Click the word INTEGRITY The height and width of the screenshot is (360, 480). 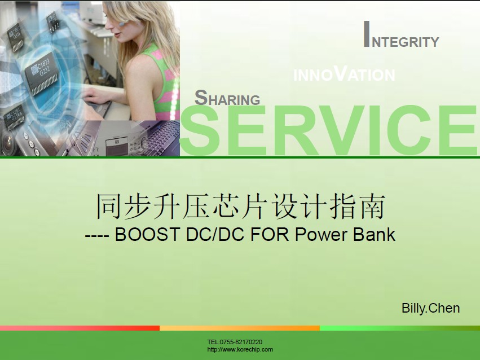coord(402,34)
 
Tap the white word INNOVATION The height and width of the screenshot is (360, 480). coord(344,73)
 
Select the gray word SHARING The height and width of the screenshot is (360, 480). coord(227,98)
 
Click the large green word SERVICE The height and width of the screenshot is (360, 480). coord(329,130)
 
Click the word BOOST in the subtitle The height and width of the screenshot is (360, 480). coord(147,235)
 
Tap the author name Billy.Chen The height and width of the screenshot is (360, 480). coord(431,308)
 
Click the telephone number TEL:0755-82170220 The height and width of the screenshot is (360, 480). coord(235,342)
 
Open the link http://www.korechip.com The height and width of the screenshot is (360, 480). coord(240,350)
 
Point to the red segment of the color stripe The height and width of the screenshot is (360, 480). coord(80,328)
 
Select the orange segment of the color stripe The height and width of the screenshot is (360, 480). coord(240,328)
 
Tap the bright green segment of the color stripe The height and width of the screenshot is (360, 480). coord(400,328)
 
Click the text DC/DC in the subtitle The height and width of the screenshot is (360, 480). coord(215,235)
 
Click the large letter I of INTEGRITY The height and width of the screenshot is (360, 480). coord(367,34)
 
